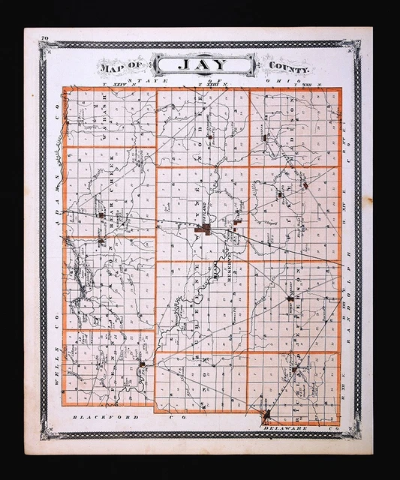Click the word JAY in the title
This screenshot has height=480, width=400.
(x=200, y=64)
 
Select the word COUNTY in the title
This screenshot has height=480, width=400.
(x=287, y=67)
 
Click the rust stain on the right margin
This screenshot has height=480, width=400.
(x=368, y=201)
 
